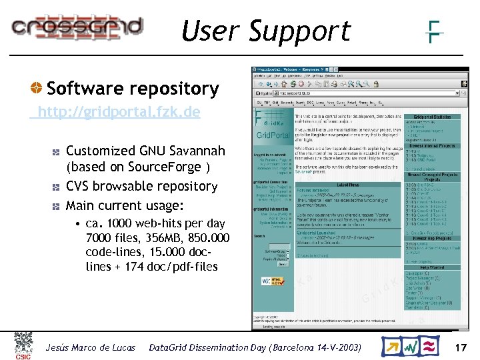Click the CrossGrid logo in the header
coord(77,27)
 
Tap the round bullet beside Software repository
coord(38,89)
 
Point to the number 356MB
coord(165,238)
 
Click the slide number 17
coord(460,347)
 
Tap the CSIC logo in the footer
coord(23,346)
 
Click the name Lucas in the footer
coord(121,347)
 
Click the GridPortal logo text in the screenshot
coord(273,135)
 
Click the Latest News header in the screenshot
coord(348,184)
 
